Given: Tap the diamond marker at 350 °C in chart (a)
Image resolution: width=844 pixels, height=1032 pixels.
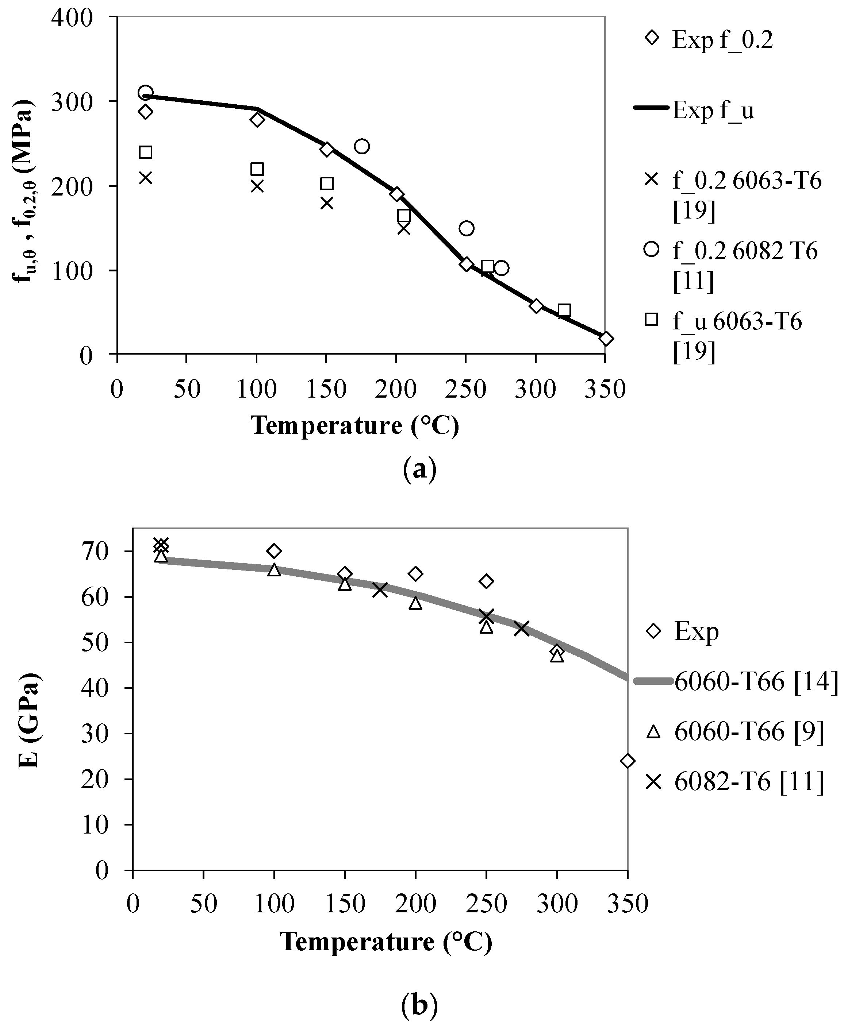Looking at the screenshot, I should pyautogui.click(x=605, y=339).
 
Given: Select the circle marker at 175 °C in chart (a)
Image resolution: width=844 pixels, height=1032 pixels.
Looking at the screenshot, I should pyautogui.click(x=362, y=146).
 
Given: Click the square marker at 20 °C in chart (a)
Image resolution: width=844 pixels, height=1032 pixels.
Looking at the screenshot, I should pyautogui.click(x=145, y=152).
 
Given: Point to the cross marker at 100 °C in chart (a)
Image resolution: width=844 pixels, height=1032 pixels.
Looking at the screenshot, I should pyautogui.click(x=257, y=186).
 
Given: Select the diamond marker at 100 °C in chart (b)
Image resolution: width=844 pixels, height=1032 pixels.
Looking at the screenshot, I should pyautogui.click(x=274, y=551).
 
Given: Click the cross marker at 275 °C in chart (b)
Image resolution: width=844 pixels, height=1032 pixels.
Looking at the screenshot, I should pyautogui.click(x=522, y=628).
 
